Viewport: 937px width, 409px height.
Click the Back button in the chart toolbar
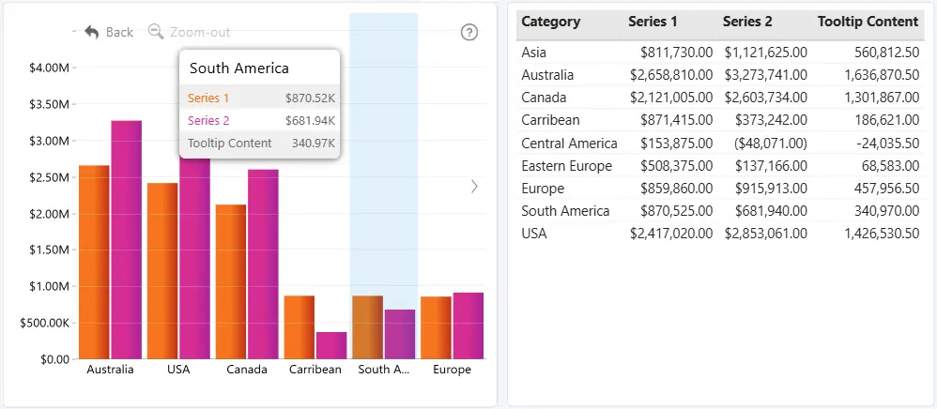(109, 32)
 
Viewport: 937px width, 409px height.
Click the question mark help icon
(469, 32)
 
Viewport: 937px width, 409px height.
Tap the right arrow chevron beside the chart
(474, 187)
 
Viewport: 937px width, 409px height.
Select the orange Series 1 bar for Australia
(95, 262)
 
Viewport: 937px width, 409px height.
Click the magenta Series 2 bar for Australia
(126, 240)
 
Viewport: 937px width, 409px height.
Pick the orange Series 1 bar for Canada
(231, 281)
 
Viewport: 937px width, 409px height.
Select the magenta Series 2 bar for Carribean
(331, 346)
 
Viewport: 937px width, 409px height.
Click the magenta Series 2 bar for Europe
(468, 326)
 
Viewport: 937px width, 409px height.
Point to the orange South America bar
(367, 327)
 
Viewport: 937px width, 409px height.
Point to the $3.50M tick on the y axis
(74, 104)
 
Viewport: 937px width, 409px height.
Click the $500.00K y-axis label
(45, 323)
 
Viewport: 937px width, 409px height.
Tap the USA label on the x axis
(178, 370)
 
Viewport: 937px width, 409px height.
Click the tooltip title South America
(239, 68)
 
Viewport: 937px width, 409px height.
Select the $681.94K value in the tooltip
(310, 121)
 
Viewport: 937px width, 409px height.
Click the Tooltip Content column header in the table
(868, 22)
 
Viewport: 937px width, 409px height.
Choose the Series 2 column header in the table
(747, 22)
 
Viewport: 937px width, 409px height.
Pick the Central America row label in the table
(569, 144)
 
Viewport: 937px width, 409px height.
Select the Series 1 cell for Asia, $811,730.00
(676, 53)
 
